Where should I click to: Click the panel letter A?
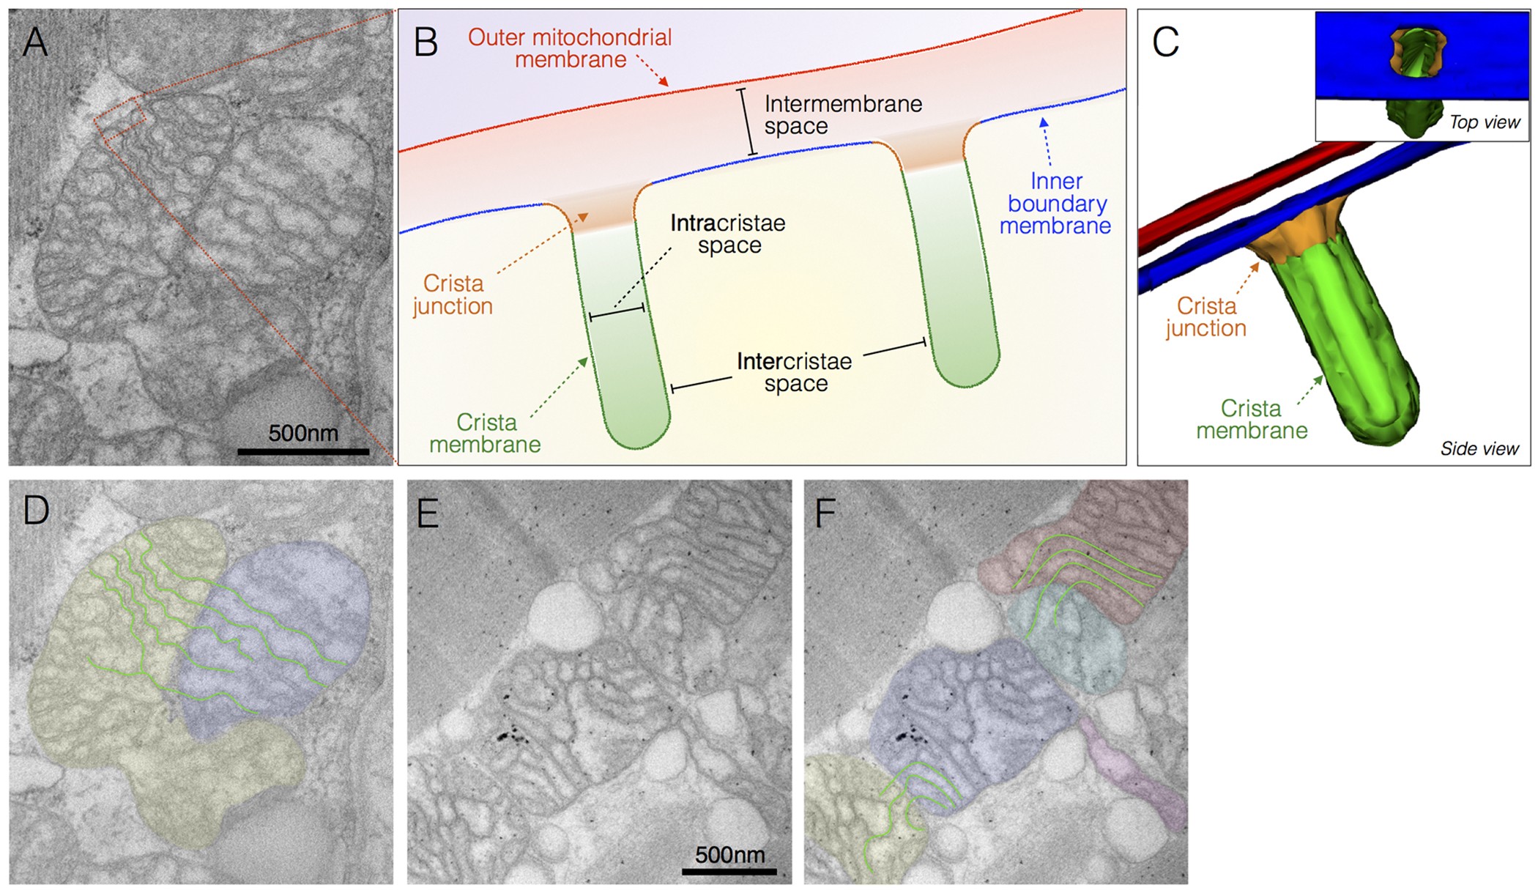point(35,42)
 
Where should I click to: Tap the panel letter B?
point(426,42)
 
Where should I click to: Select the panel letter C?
point(1165,42)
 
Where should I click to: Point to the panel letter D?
point(36,510)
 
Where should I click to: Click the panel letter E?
point(427,513)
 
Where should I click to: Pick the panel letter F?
point(825,513)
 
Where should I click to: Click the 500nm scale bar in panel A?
point(303,452)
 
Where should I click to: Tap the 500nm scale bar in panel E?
point(729,871)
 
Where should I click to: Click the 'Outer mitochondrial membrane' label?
point(570,48)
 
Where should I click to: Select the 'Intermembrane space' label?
point(842,115)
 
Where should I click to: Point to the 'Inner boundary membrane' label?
point(1055,204)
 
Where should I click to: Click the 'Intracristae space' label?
point(728,234)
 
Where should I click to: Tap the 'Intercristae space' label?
point(795,372)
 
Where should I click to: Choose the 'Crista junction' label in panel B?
point(453,294)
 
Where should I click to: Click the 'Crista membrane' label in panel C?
point(1252,419)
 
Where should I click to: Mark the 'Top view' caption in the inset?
point(1485,122)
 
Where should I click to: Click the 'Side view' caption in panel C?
point(1479,448)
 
